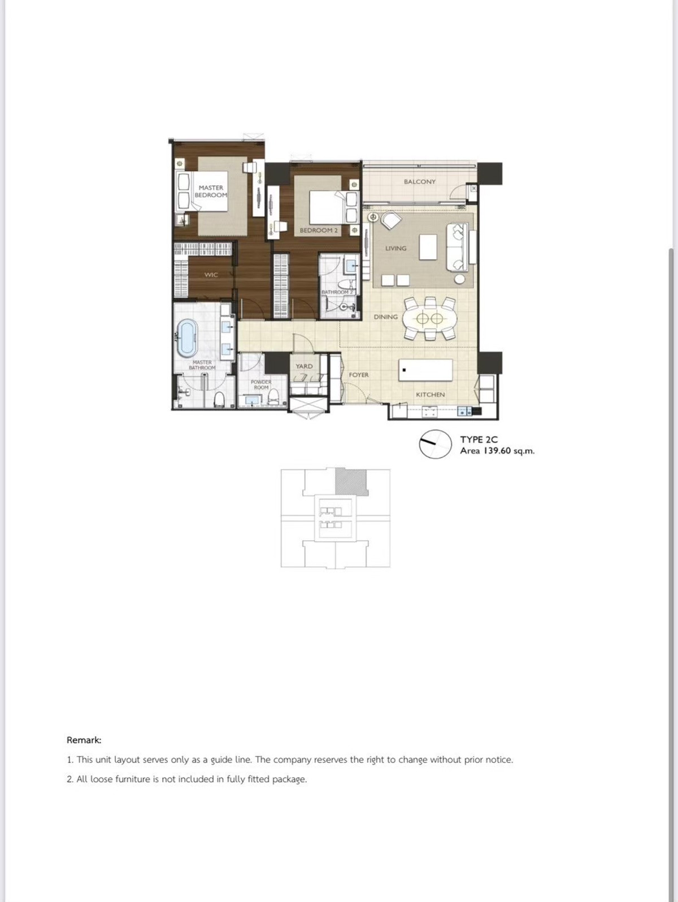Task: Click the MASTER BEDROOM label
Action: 211,191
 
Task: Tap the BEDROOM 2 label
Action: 319,230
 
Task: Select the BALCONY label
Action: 419,182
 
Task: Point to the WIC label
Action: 211,275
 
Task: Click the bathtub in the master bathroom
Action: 186,338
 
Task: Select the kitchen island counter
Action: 425,370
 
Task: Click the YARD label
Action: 304,366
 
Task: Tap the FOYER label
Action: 358,375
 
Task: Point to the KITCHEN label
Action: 430,395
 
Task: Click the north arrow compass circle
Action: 435,444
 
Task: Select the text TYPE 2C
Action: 479,439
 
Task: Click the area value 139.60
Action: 497,451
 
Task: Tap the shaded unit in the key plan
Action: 351,481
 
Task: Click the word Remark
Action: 84,740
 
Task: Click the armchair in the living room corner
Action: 390,220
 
